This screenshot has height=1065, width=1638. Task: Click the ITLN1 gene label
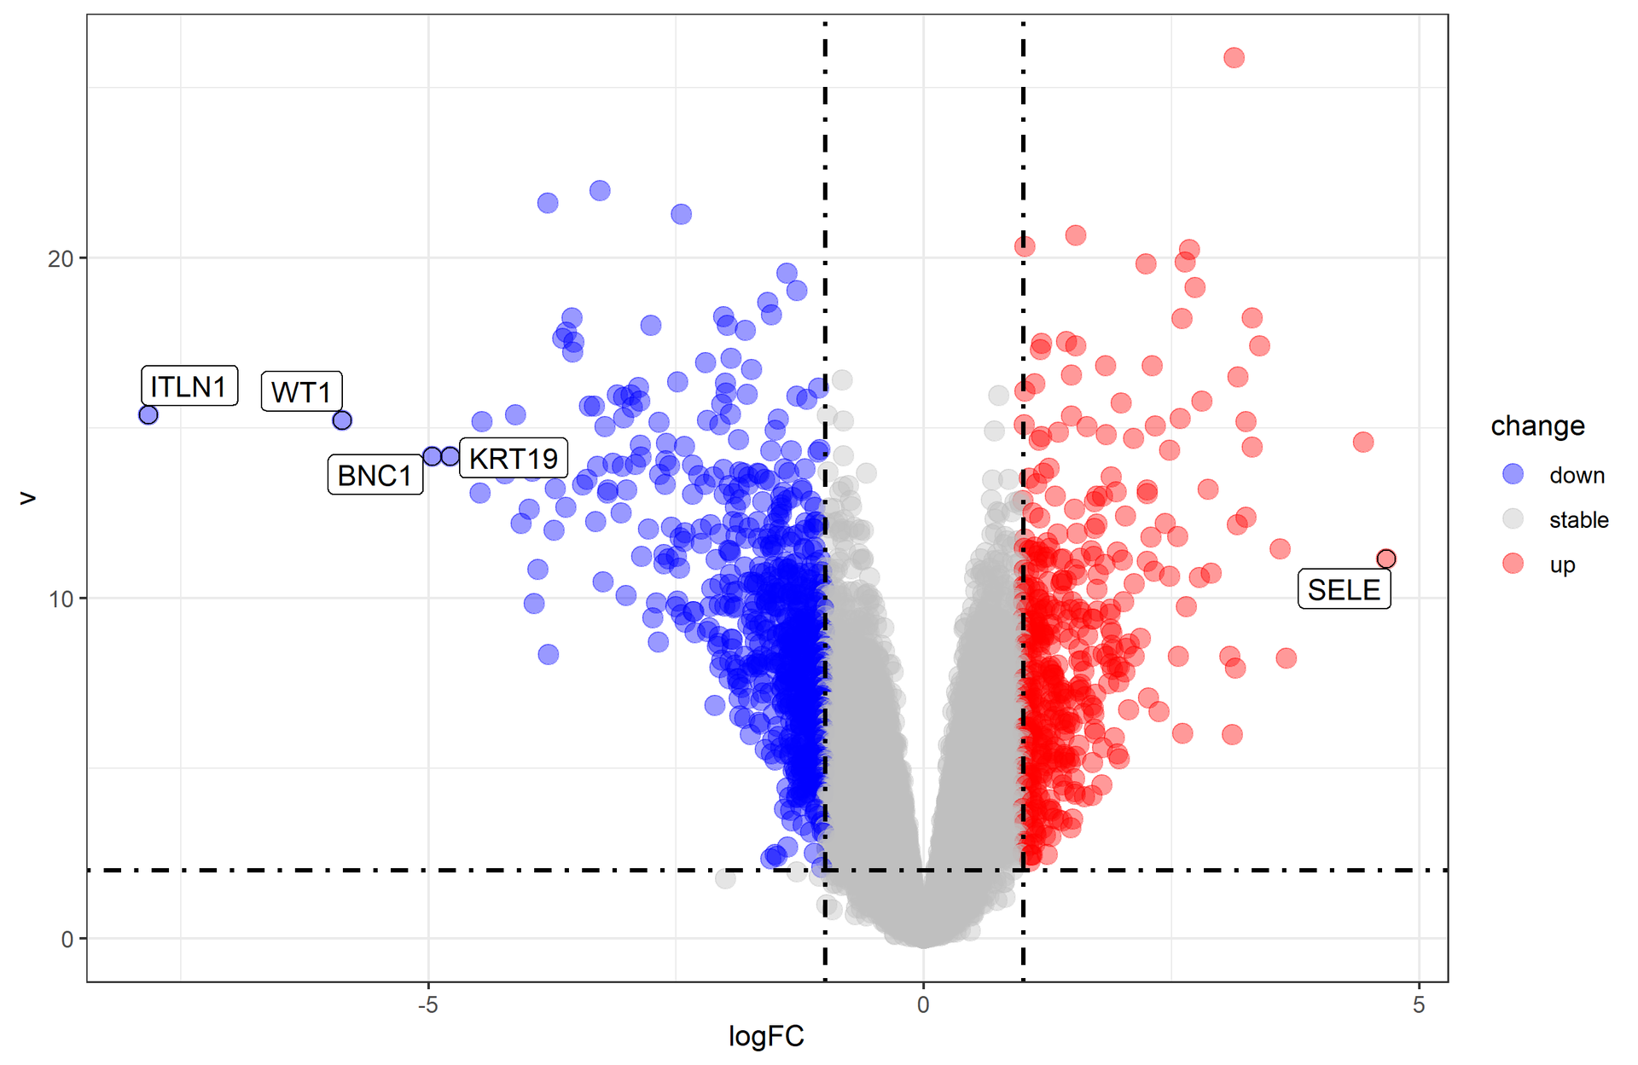click(x=189, y=386)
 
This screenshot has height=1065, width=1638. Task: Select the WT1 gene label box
click(x=301, y=391)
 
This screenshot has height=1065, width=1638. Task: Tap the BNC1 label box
click(x=375, y=475)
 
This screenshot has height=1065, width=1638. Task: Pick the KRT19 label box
click(x=514, y=459)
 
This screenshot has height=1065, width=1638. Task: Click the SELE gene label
click(x=1344, y=589)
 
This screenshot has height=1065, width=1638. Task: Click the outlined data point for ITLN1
click(x=148, y=415)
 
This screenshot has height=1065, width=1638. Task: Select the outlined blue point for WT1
click(x=342, y=420)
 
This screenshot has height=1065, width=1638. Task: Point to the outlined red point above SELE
click(x=1386, y=559)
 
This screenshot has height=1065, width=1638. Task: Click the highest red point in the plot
click(x=1234, y=58)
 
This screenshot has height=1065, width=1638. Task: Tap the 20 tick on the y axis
click(x=61, y=258)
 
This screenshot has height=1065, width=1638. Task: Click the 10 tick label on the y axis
click(x=61, y=599)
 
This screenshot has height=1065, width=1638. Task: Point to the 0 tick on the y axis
click(x=67, y=940)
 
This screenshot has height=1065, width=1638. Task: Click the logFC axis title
click(x=766, y=1036)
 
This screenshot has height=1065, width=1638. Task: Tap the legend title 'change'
click(x=1537, y=425)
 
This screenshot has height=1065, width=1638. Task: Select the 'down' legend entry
click(x=1576, y=475)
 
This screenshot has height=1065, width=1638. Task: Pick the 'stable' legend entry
click(x=1578, y=520)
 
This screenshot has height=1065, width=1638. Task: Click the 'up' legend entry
click(x=1562, y=564)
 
